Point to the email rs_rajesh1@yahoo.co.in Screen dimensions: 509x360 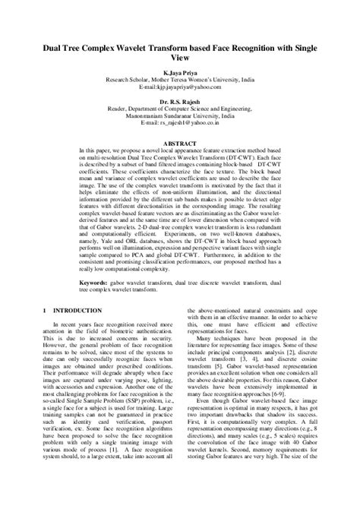pos(180,122)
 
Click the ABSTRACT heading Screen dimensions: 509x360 pos(180,141)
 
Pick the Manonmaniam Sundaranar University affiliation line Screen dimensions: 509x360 pos(180,115)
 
